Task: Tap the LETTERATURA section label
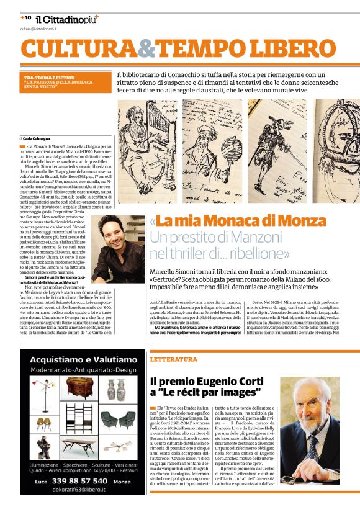(x=173, y=359)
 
